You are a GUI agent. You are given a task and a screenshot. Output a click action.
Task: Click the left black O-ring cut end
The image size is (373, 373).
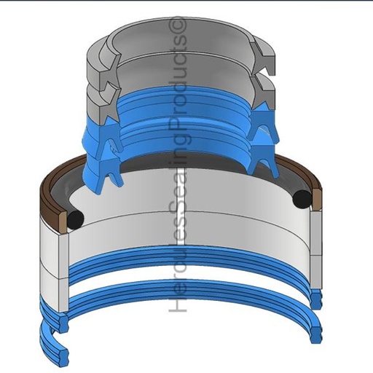point(75,219)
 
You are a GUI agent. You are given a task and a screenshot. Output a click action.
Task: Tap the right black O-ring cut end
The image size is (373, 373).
point(302,198)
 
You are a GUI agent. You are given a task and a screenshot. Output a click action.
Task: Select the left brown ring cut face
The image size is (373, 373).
point(63,221)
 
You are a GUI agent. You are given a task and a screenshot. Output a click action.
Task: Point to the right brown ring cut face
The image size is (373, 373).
point(317,199)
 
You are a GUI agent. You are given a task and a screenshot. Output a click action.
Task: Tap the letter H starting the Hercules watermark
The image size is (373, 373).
point(178,303)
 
